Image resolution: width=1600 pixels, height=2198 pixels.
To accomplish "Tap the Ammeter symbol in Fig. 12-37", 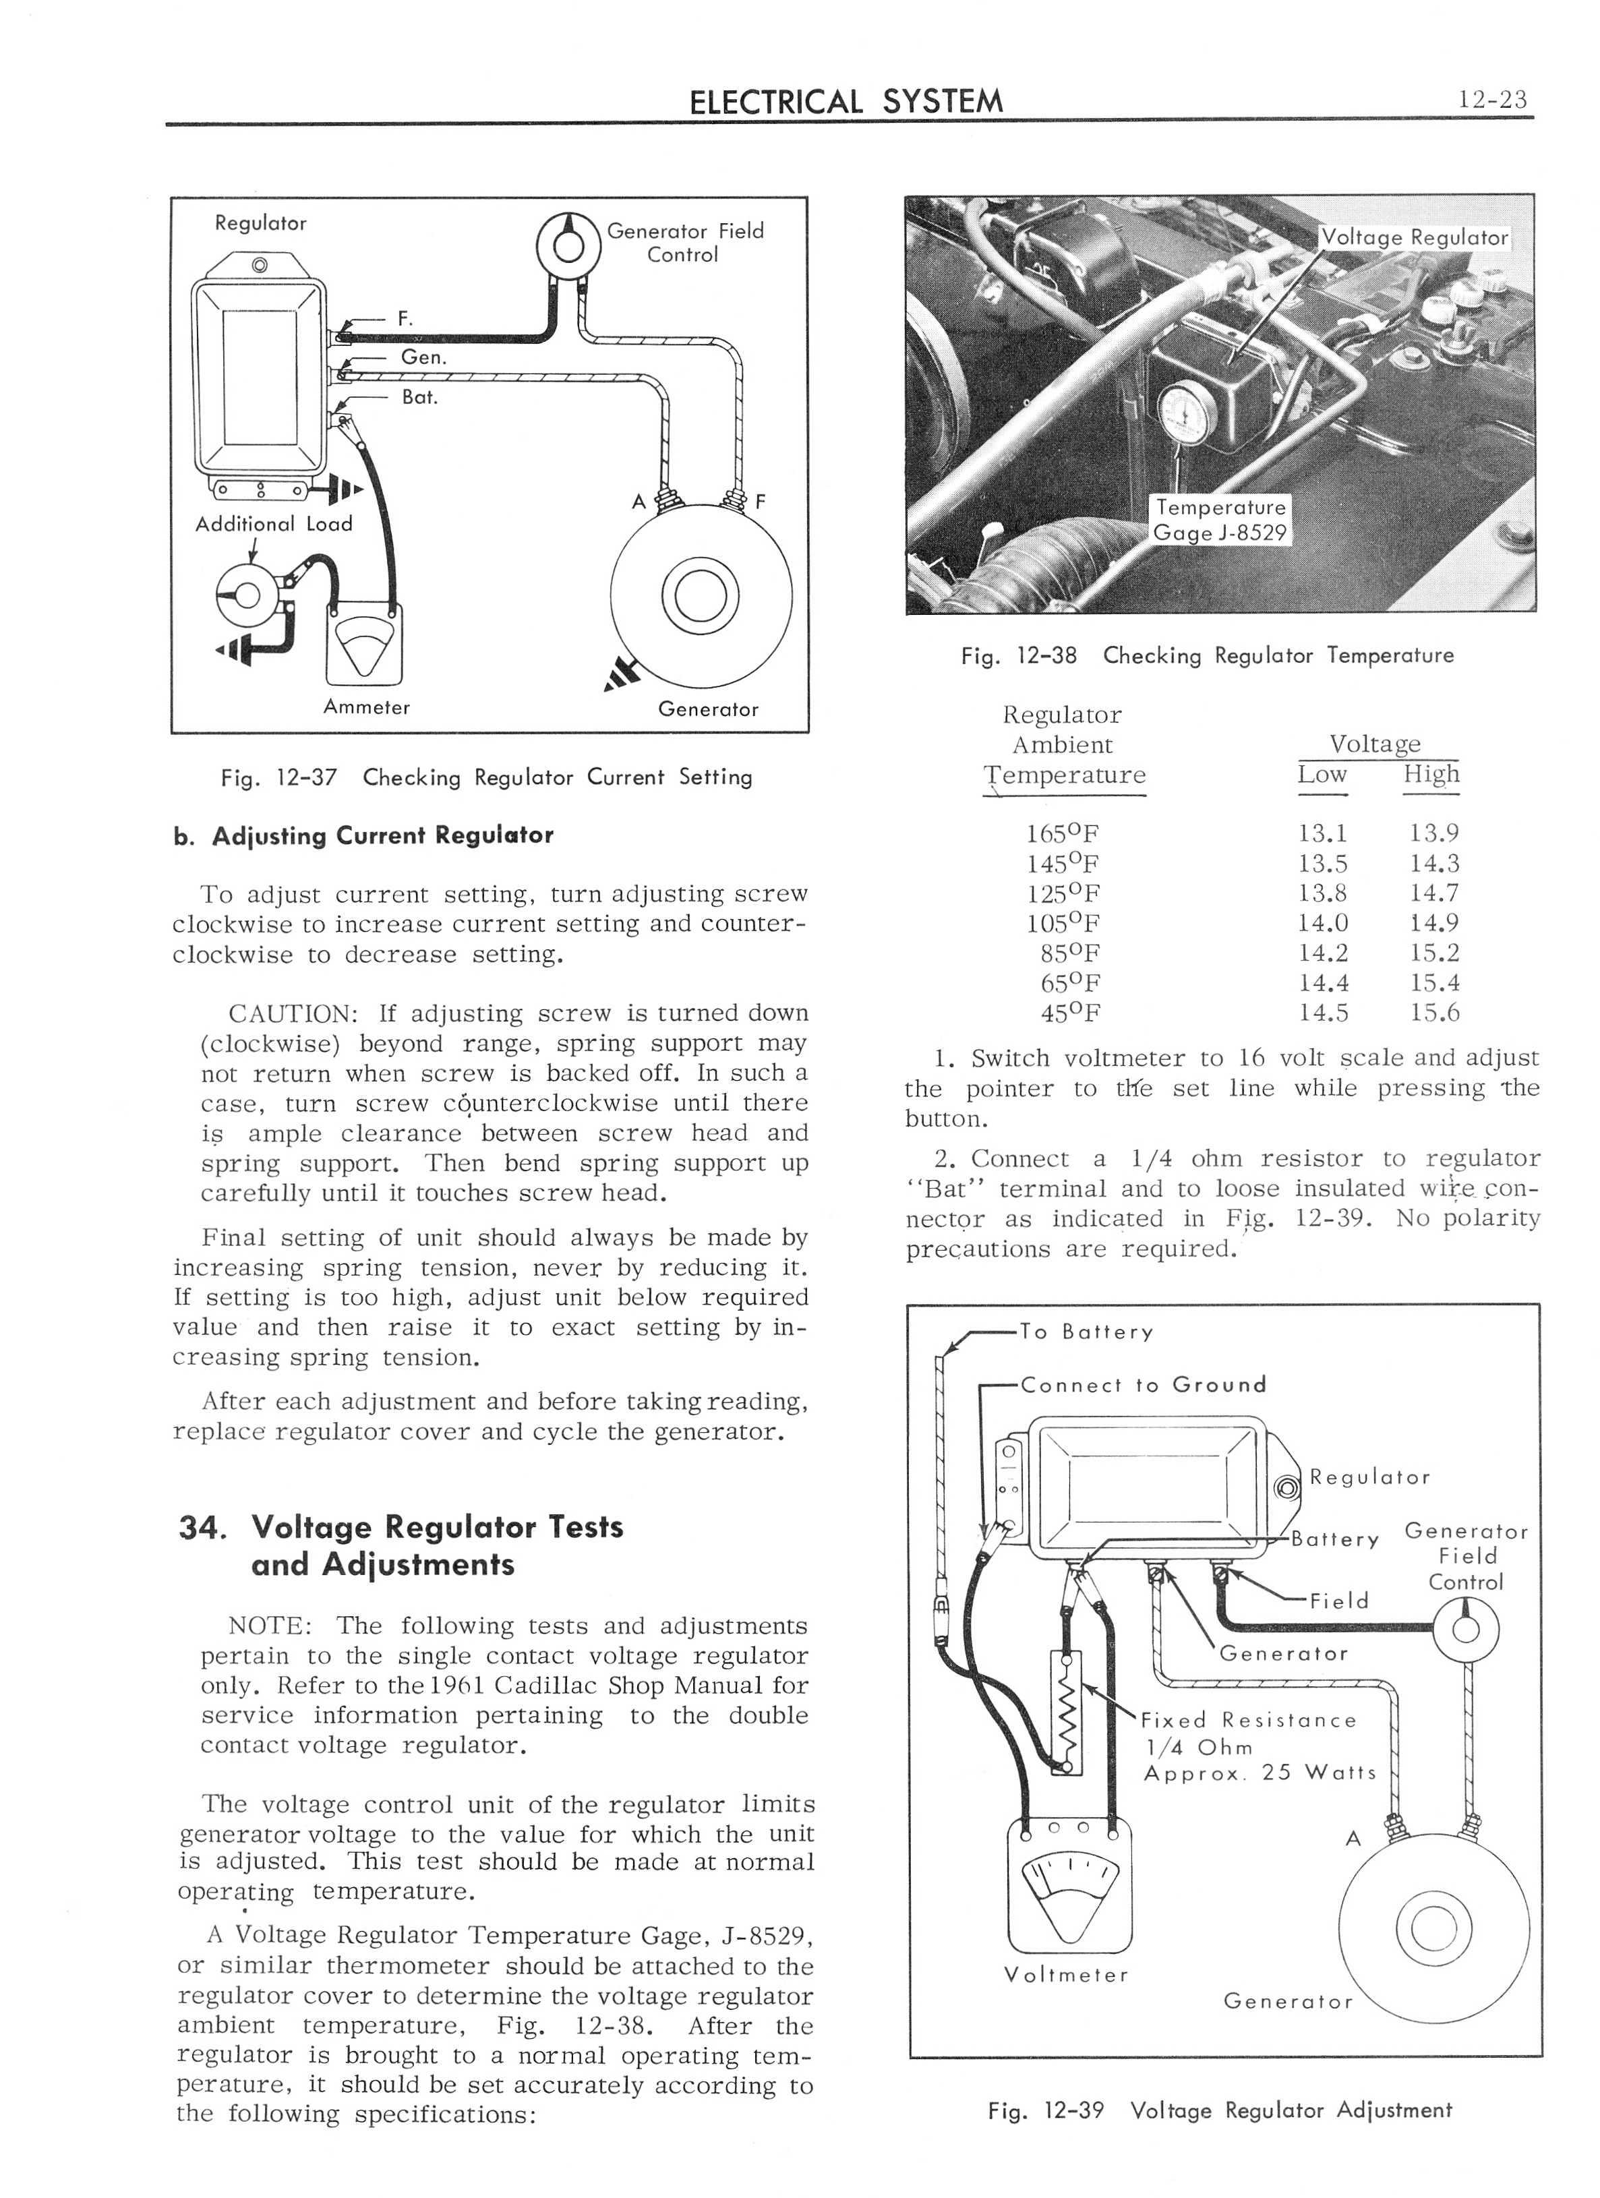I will point(366,643).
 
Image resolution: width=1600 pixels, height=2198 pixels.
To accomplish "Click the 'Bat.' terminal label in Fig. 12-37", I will point(419,397).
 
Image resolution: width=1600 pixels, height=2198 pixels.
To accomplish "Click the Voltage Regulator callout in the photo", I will point(1414,237).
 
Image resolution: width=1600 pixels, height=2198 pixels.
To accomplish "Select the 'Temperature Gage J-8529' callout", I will point(1219,521).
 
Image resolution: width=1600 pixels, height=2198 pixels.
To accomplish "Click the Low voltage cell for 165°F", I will point(1323,833).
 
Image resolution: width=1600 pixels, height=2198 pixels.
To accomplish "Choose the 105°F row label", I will point(1063,922).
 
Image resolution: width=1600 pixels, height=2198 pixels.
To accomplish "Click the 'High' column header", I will point(1430,774).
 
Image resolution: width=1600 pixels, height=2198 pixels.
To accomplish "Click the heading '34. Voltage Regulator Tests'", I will point(401,1527).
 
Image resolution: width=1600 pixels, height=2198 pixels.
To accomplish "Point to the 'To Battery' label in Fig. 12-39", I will point(1086,1332).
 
